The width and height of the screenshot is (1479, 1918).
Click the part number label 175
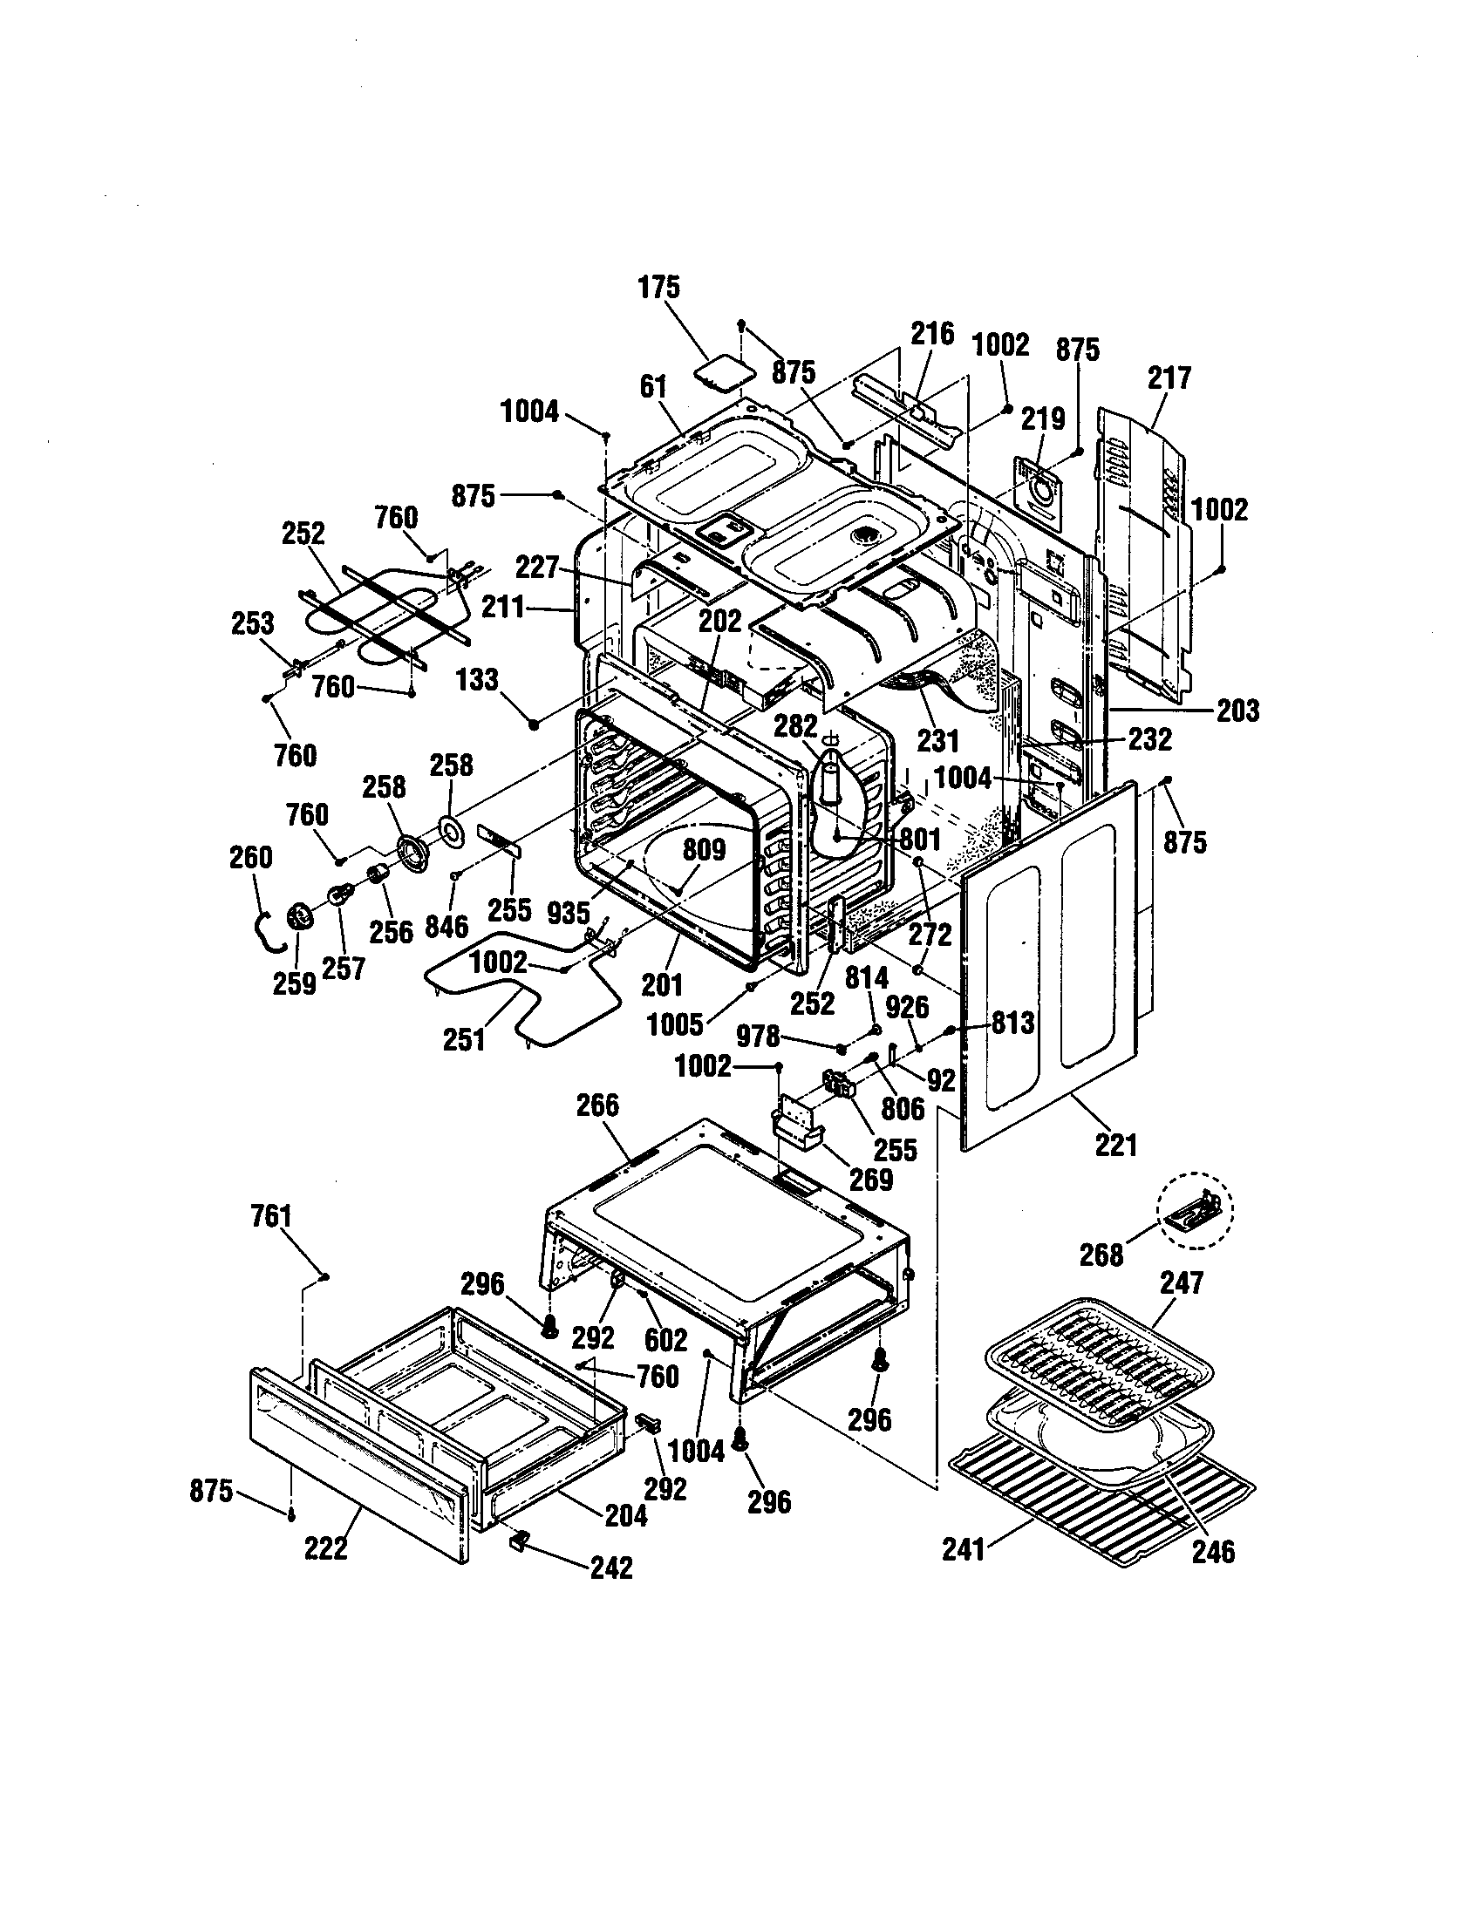tap(658, 287)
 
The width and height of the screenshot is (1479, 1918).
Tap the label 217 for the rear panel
tap(1169, 378)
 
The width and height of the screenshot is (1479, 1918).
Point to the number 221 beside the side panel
tap(1116, 1145)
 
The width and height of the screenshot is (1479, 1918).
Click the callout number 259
tap(293, 983)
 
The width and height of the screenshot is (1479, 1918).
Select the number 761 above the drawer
tap(270, 1216)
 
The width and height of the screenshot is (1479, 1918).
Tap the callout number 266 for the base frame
tap(597, 1105)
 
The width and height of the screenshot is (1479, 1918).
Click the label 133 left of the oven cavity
tap(478, 680)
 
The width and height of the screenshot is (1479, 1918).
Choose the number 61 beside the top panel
tap(653, 386)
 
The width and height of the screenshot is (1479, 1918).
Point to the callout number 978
tap(757, 1037)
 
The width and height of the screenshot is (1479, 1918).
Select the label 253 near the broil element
tap(253, 623)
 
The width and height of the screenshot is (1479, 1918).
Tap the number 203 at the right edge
tap(1237, 710)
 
